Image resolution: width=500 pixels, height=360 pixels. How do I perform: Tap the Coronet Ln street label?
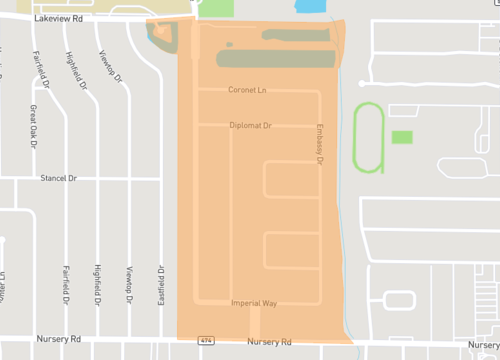[249, 90]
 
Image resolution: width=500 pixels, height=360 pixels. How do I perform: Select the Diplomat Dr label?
[250, 125]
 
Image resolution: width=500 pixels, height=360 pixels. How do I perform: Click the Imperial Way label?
[253, 302]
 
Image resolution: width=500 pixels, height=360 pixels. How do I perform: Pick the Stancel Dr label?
[59, 178]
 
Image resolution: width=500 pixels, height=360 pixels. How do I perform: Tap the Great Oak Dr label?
[33, 127]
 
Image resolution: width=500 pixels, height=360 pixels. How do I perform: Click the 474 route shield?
[205, 341]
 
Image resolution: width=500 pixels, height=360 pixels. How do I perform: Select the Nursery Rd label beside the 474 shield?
[267, 342]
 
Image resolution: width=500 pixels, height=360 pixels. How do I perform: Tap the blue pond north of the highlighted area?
[311, 6]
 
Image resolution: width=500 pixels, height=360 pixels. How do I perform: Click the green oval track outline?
[367, 135]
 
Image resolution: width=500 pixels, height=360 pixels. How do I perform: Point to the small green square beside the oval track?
[402, 137]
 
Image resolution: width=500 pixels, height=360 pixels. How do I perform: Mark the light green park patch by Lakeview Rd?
[217, 8]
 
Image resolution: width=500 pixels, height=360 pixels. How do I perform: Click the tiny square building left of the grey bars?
[229, 44]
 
